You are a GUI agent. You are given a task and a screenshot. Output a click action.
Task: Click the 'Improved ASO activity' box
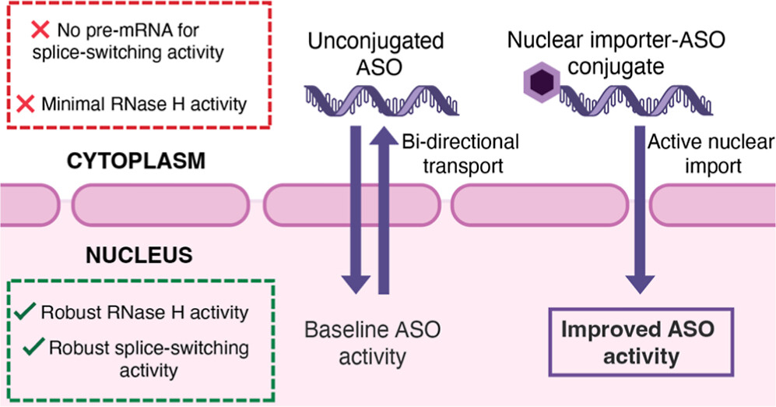(x=636, y=342)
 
